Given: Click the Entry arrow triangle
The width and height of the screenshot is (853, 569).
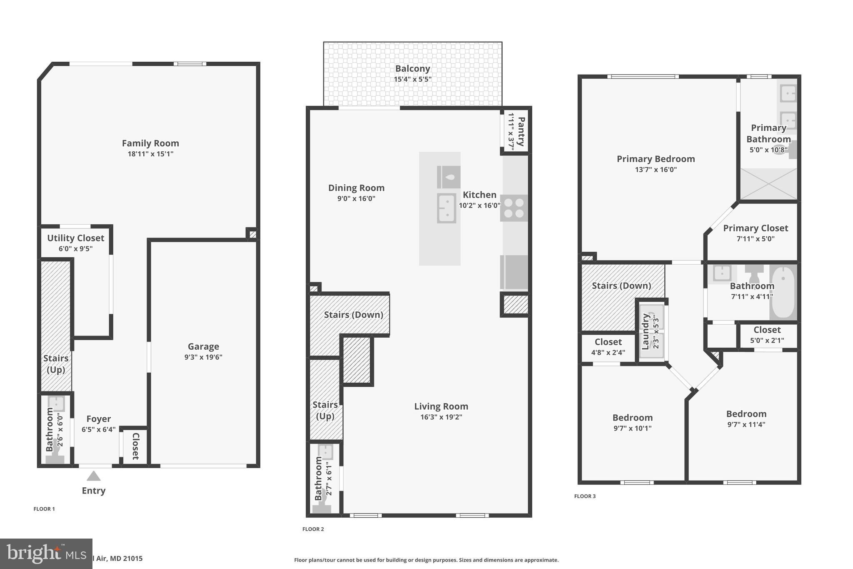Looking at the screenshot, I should click(93, 476).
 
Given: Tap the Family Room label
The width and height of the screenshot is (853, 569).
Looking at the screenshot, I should click(150, 143).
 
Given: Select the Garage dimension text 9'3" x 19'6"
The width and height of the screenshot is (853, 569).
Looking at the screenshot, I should click(203, 357).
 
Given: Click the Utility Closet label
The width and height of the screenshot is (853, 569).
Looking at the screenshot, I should click(75, 238).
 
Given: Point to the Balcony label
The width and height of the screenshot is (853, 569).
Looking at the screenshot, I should click(412, 68).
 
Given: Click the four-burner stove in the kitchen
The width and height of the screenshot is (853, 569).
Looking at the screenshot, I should click(514, 208).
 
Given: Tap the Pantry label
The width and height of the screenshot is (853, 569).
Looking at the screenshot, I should click(521, 132).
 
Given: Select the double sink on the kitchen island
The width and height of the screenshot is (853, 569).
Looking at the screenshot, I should click(446, 208).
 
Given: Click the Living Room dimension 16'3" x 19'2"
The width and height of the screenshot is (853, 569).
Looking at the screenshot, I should click(441, 417).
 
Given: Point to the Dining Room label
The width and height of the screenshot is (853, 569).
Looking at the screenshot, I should click(356, 188).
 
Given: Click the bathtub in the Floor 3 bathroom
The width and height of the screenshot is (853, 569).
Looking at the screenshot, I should click(783, 292).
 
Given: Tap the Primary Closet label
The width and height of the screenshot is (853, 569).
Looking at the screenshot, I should click(755, 228).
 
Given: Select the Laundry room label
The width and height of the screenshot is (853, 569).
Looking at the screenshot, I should click(646, 332).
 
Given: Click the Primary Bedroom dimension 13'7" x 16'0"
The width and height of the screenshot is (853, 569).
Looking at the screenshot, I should click(656, 170).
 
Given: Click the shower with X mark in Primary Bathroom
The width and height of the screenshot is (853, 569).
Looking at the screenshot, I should click(768, 184).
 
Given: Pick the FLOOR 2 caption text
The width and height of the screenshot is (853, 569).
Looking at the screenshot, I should click(313, 529).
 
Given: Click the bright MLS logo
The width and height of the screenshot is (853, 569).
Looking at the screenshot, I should click(46, 554).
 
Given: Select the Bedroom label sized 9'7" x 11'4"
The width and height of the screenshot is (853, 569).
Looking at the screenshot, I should click(746, 414).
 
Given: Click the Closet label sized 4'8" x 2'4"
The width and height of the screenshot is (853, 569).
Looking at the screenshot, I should click(608, 342).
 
